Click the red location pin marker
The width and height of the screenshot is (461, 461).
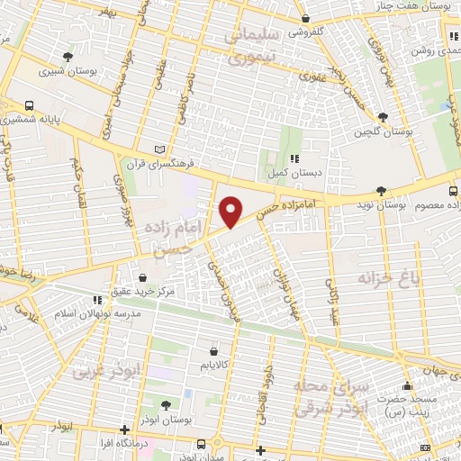pos(231,212)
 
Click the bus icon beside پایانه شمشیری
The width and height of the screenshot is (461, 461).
pos(30,104)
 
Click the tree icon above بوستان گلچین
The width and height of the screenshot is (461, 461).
pos(384,117)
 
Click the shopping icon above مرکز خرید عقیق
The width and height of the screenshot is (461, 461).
pos(145,276)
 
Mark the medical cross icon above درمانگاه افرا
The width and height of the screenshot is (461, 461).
pos(124,429)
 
